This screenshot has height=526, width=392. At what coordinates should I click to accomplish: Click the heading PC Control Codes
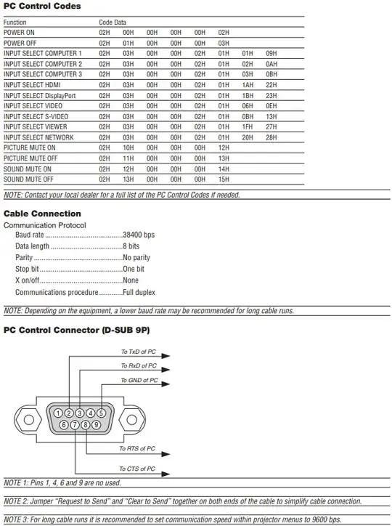point(42,7)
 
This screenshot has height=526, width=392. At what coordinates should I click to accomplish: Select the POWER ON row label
point(19,33)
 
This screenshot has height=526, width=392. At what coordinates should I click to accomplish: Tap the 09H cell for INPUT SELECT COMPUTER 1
point(271,54)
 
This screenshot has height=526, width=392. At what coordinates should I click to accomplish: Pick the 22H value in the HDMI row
point(271,85)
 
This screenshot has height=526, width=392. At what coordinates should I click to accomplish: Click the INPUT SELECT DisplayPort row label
point(40,95)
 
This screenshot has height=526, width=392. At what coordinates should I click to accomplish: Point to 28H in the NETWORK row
point(271,137)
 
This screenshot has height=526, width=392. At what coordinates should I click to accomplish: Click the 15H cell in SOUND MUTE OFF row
point(224,179)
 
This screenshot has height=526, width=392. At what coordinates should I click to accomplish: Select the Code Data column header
point(113,23)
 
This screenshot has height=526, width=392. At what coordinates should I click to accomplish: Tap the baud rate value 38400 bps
point(139,235)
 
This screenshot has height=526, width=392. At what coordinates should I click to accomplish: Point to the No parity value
point(136,258)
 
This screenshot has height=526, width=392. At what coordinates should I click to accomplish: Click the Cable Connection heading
point(42,214)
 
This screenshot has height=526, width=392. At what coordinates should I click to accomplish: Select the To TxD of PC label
point(139,352)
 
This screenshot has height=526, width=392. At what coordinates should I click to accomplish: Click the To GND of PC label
point(139,381)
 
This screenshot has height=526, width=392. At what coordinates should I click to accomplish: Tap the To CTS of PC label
point(137,469)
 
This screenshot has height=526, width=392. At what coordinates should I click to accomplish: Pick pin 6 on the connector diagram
point(64,424)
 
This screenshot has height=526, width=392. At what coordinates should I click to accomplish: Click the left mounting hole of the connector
point(29,419)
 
